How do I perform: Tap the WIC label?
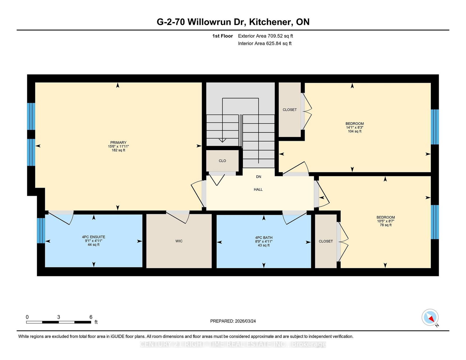pos(179,241)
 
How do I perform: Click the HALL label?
pos(258,189)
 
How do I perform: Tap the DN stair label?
pos(258,177)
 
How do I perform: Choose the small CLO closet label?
pos(222,161)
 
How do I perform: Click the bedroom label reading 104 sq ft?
pos(354,127)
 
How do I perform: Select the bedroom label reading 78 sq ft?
pos(385,221)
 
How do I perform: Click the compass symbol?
pos(430,318)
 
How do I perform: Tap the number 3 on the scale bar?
pos(59,317)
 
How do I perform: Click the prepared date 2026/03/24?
pos(233,321)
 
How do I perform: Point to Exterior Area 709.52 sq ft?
pos(265,36)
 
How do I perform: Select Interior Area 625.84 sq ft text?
pos(264,43)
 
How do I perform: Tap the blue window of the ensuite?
pos(41,230)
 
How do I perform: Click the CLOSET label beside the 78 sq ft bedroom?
pos(326,241)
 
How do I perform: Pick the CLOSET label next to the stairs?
pos(290,110)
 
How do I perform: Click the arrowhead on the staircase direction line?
pos(223,140)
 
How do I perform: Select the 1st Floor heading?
pos(223,36)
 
